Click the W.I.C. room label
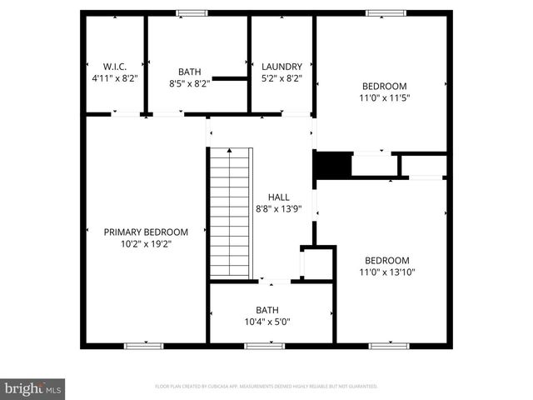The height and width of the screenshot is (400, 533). coord(114,67)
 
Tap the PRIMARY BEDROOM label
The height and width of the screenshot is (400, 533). coord(146,232)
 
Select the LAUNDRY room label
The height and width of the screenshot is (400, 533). coord(281,67)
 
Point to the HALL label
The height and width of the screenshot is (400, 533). coord(279,197)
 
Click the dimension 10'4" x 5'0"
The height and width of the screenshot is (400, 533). coord(267,321)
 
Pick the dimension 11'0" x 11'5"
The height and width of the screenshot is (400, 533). coord(384,97)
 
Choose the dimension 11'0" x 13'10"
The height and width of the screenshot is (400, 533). coord(387,272)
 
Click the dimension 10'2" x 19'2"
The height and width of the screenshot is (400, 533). coord(146,243)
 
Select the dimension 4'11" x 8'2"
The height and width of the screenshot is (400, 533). coord(114,78)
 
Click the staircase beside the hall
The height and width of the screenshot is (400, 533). coord(229,212)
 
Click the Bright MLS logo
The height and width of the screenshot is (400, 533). coord(33,388)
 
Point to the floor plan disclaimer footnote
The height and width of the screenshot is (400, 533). coord(266,387)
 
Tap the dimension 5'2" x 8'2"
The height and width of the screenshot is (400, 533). coord(281,78)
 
